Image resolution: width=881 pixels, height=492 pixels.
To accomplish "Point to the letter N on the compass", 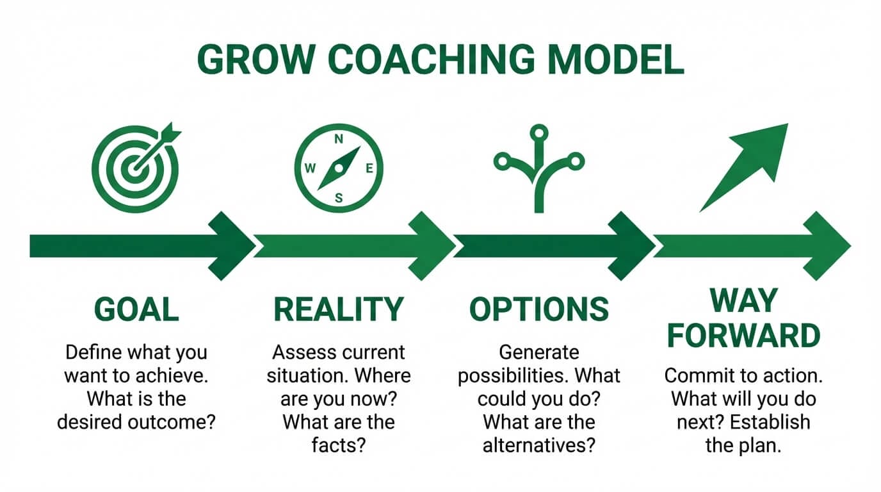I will coord(339,139).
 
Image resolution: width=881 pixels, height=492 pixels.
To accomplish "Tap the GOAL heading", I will coord(136,309).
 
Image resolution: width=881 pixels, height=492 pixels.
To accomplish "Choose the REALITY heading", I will coord(339,309).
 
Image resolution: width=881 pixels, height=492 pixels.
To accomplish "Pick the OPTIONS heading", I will coord(539,309).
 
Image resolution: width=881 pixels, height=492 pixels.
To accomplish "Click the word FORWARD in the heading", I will coord(743,335).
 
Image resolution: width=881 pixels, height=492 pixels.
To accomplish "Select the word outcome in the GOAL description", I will coord(173,423).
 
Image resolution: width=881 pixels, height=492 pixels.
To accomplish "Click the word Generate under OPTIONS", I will coord(538,352).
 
